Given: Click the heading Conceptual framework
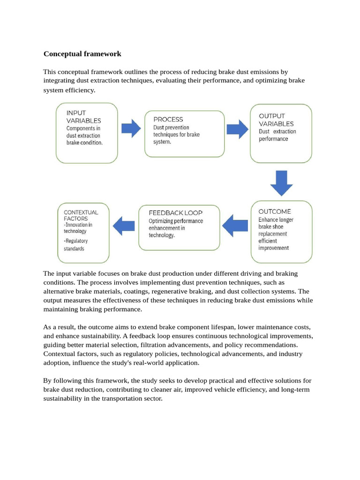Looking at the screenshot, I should [x=82, y=54].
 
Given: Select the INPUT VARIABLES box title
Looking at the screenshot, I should [x=83, y=117].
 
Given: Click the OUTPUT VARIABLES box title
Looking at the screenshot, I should [x=276, y=120].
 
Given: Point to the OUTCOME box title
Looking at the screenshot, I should [x=275, y=211].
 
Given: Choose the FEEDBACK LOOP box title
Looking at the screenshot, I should [x=175, y=213].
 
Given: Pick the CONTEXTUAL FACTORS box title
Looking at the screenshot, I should [x=81, y=215].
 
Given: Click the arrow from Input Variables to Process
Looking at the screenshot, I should [x=131, y=128].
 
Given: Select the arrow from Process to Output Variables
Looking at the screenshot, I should [x=237, y=129].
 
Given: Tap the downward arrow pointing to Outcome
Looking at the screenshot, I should [x=281, y=183].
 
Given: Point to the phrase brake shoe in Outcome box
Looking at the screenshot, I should [x=271, y=226].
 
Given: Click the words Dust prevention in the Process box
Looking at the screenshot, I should [x=171, y=127].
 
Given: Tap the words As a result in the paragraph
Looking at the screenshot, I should [x=60, y=327].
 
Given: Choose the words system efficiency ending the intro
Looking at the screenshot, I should [x=69, y=90].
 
